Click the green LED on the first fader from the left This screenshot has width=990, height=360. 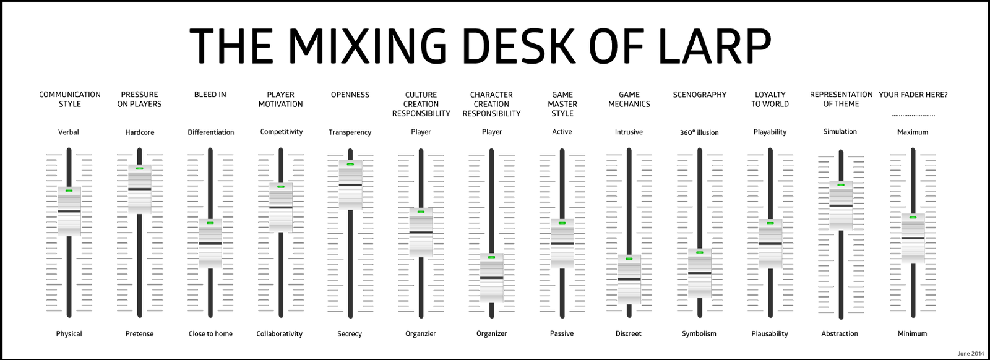(x=69, y=191)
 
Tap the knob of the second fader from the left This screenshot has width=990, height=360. (x=140, y=189)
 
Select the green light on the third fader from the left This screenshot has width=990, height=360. (x=210, y=222)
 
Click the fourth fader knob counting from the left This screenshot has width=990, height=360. (x=281, y=208)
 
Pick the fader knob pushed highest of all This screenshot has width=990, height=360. (x=351, y=184)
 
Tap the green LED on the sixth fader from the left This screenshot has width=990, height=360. (x=421, y=212)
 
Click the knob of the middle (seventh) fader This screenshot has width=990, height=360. (x=491, y=278)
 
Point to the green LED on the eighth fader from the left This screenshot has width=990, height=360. (x=562, y=222)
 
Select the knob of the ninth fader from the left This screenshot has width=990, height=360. (x=629, y=280)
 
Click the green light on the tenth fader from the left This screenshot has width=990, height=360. (x=699, y=252)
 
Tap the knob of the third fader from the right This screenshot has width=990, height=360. (x=770, y=244)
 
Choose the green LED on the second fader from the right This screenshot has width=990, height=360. (x=840, y=184)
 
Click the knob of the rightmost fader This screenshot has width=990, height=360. (x=912, y=238)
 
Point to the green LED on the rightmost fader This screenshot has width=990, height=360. (x=912, y=217)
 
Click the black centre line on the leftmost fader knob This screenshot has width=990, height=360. (x=69, y=212)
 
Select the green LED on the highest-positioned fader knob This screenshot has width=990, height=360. (x=351, y=164)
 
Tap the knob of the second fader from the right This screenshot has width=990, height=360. (x=840, y=206)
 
